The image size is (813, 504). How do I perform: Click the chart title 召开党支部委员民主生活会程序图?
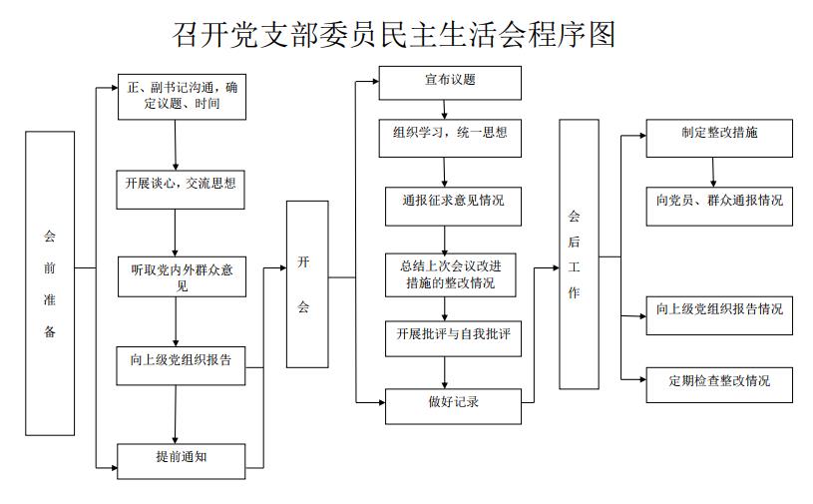tap(394, 33)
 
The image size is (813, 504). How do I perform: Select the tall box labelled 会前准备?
tap(50, 283)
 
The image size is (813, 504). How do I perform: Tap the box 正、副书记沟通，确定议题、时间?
tap(182, 96)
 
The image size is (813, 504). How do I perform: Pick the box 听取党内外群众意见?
tap(182, 277)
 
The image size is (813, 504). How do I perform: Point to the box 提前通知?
tap(181, 458)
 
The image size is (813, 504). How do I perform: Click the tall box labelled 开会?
tap(307, 283)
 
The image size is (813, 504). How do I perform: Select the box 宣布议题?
tap(450, 82)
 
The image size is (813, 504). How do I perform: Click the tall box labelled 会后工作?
tap(579, 253)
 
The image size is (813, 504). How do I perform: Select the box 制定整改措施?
tap(718, 137)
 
